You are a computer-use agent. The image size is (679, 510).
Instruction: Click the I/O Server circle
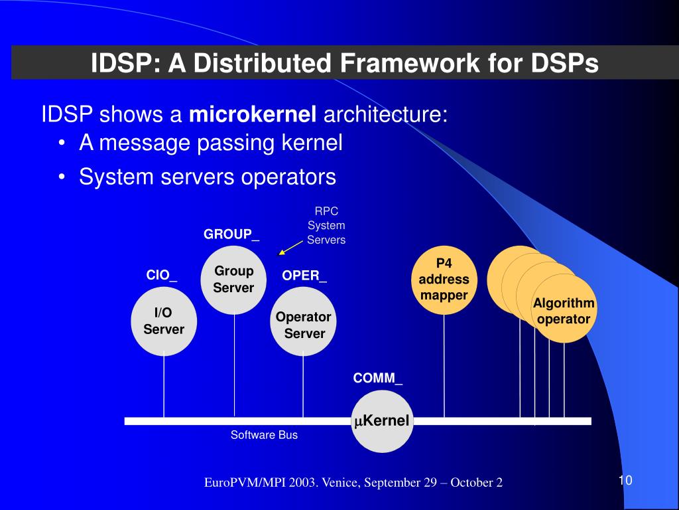coord(164,321)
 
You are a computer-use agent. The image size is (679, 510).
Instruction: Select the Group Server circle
coord(233,280)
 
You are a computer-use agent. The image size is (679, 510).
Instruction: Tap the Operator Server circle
coord(304,325)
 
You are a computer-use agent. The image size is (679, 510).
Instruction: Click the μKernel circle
coord(381,421)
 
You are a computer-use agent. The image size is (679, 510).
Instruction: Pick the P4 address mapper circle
coord(444,280)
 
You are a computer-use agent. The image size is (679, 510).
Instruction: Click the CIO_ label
coord(161,275)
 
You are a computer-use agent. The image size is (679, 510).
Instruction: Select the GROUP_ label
coord(231,234)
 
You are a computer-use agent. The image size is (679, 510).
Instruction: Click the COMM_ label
coord(377,379)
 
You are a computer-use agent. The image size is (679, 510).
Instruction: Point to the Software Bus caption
coord(264,435)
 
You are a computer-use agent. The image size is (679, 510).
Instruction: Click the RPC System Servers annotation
coord(326,226)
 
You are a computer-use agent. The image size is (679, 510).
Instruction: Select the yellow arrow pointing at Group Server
coord(290,248)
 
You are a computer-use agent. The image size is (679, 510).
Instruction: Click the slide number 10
coord(625,481)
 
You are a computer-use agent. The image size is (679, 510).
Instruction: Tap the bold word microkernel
coord(253,116)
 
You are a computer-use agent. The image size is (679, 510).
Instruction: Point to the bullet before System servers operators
coord(61,178)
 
